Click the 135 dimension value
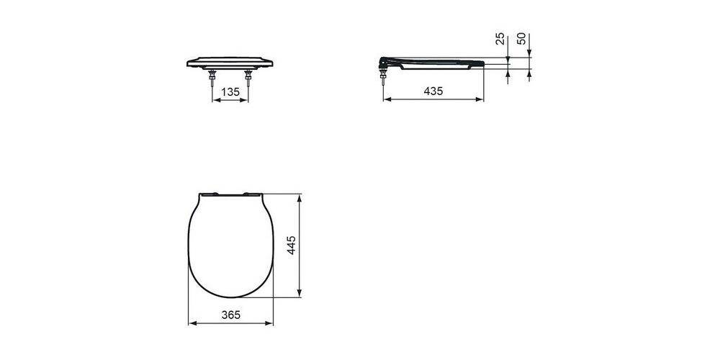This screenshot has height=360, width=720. click(230, 91)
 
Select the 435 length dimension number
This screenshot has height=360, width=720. click(432, 91)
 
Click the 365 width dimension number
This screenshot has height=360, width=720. click(230, 315)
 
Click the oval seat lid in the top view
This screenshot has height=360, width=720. click(230, 245)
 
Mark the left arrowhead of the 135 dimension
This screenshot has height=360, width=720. click(215, 100)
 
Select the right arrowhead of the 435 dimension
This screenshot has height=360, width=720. click(480, 100)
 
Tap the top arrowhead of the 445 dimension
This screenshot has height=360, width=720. click(300, 197)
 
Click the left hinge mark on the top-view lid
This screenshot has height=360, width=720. click(208, 194)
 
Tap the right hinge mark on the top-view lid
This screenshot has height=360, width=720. click(253, 194)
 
